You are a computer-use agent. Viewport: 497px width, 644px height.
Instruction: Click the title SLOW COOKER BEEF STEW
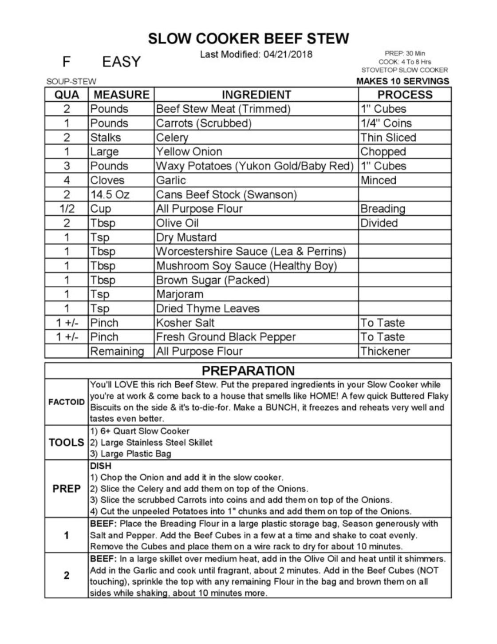[x=248, y=39]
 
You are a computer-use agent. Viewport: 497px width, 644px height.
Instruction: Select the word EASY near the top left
[x=121, y=62]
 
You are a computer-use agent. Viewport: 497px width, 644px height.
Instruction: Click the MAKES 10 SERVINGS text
[x=402, y=81]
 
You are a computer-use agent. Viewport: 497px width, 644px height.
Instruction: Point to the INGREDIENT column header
[x=256, y=95]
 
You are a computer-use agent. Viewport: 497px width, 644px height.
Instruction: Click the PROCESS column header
[x=404, y=95]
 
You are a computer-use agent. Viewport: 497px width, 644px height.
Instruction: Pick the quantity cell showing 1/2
[x=67, y=209]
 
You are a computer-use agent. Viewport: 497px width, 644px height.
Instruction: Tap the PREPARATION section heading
[x=248, y=371]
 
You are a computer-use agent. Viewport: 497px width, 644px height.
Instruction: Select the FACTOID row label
[x=67, y=402]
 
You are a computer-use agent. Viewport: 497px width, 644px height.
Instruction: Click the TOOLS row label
[x=67, y=443]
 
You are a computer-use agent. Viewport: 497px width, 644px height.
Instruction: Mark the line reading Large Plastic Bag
[x=130, y=454]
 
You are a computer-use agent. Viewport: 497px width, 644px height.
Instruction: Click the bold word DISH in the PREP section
[x=101, y=466]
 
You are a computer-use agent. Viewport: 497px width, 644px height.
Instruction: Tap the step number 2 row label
[x=67, y=576]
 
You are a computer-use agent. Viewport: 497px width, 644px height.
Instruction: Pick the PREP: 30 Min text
[x=405, y=54]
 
